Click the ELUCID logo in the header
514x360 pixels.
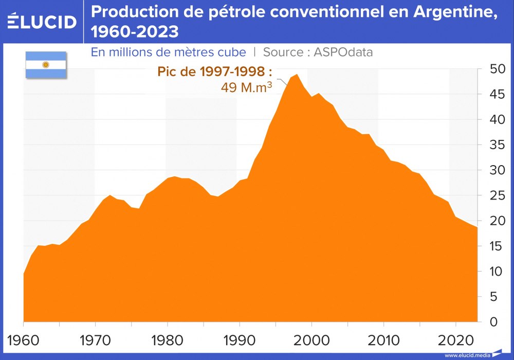(42, 22)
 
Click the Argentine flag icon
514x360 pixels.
(46, 65)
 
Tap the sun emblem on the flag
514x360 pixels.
(46, 65)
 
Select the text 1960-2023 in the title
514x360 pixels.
(135, 32)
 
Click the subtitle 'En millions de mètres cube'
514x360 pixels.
(168, 52)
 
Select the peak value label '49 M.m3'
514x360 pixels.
(246, 87)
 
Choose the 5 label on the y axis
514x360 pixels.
(494, 297)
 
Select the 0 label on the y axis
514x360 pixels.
(494, 322)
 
